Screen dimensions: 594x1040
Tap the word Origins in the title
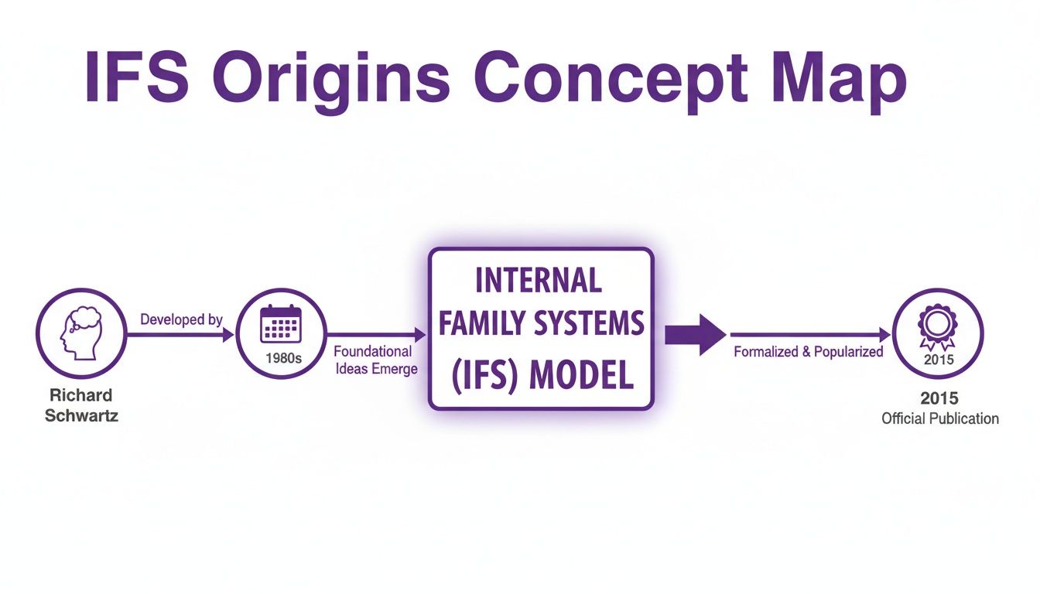coord(330,77)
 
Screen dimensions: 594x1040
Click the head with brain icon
coord(81,333)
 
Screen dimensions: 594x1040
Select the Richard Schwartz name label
coord(81,405)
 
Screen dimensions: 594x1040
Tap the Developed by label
coord(181,319)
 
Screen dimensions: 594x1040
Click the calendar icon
coord(281,324)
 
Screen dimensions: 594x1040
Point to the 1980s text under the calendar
coord(282,359)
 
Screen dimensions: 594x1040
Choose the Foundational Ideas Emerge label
coord(375,360)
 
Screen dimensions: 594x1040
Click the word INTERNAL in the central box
coord(539,281)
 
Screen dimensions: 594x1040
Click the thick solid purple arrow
coord(694,335)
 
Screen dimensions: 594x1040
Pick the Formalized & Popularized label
coord(808,352)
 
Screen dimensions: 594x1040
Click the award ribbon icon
coord(938,325)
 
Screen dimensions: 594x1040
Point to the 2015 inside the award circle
coord(939,359)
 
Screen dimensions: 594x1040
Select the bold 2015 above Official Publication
coord(939,398)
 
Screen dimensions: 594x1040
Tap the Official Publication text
coord(939,418)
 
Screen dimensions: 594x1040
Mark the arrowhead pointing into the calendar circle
coord(229,335)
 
